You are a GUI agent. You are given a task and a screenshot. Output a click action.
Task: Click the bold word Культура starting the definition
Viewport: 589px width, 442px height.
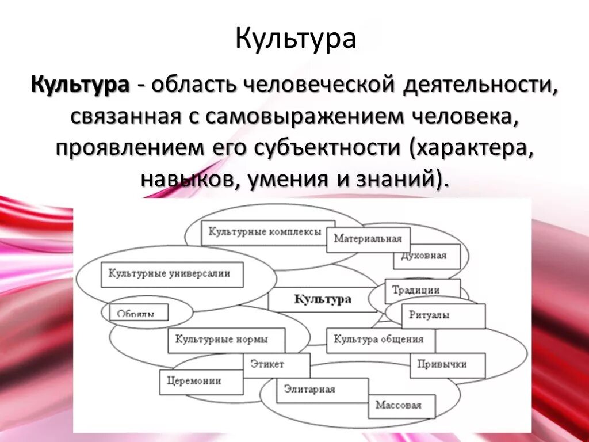80,85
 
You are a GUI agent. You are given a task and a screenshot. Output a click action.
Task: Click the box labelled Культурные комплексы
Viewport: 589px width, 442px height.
268,232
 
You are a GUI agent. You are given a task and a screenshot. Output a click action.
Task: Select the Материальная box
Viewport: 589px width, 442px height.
368,239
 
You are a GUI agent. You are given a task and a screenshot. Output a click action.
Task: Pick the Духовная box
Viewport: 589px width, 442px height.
428,256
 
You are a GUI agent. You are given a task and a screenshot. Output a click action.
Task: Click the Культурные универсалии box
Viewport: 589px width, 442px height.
172,275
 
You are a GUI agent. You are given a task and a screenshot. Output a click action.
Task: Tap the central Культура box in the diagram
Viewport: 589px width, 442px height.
323,299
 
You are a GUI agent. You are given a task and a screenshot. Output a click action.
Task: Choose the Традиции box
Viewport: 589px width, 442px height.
423,290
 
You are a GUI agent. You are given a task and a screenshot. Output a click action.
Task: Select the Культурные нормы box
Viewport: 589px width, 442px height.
221,340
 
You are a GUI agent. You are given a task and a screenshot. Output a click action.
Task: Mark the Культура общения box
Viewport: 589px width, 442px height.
380,340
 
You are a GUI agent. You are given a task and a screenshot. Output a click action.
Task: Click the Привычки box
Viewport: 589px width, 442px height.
447,365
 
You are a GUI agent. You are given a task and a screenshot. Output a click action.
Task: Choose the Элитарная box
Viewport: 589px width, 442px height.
322,390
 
